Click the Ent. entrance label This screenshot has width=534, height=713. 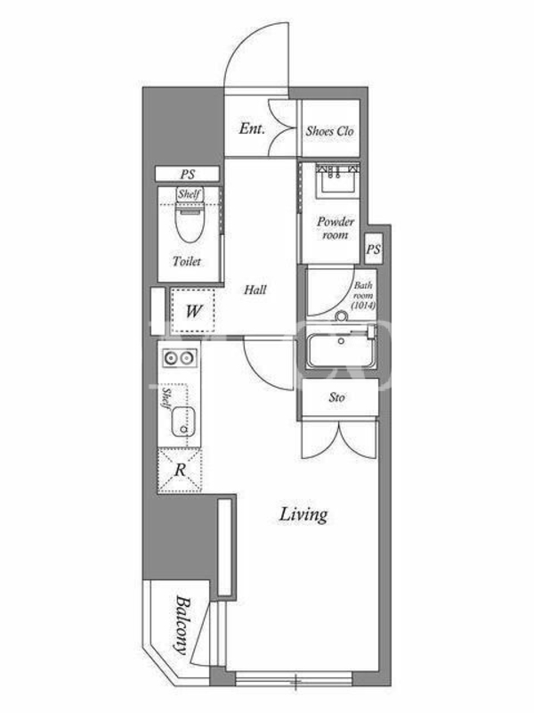[x=252, y=128]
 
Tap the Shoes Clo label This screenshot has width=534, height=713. [x=329, y=131]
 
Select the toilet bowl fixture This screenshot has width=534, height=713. [x=190, y=223]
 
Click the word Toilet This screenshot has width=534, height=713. [x=187, y=261]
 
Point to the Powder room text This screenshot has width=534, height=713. [x=336, y=228]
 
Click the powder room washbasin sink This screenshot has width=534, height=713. [x=338, y=181]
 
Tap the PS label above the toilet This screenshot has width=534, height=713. [x=187, y=174]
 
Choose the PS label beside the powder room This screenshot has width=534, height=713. [x=373, y=250]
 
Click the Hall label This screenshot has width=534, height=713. [x=255, y=290]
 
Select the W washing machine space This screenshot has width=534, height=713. [x=193, y=311]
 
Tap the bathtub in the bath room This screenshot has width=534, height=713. [x=341, y=351]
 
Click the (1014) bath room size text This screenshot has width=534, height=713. [x=363, y=306]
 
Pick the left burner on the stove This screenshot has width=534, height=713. [x=170, y=358]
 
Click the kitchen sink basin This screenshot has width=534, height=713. [x=183, y=421]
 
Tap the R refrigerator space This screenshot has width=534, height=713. [x=180, y=471]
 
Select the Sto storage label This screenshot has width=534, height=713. [x=336, y=397]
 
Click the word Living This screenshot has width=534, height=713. [x=303, y=515]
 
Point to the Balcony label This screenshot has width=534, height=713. [x=182, y=625]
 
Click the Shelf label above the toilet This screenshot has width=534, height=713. [x=190, y=194]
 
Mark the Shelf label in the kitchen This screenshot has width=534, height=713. [x=167, y=398]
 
